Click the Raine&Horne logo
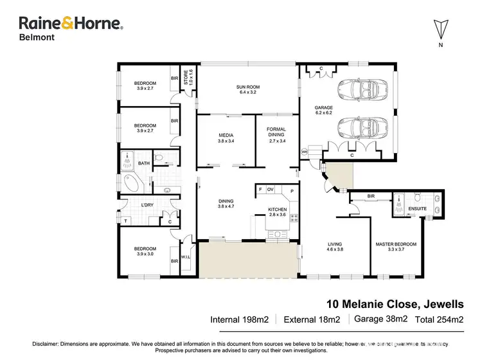pos(71,24)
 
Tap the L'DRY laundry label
pos(147,205)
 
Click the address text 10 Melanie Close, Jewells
pos(391,303)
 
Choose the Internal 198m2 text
pos(240,319)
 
